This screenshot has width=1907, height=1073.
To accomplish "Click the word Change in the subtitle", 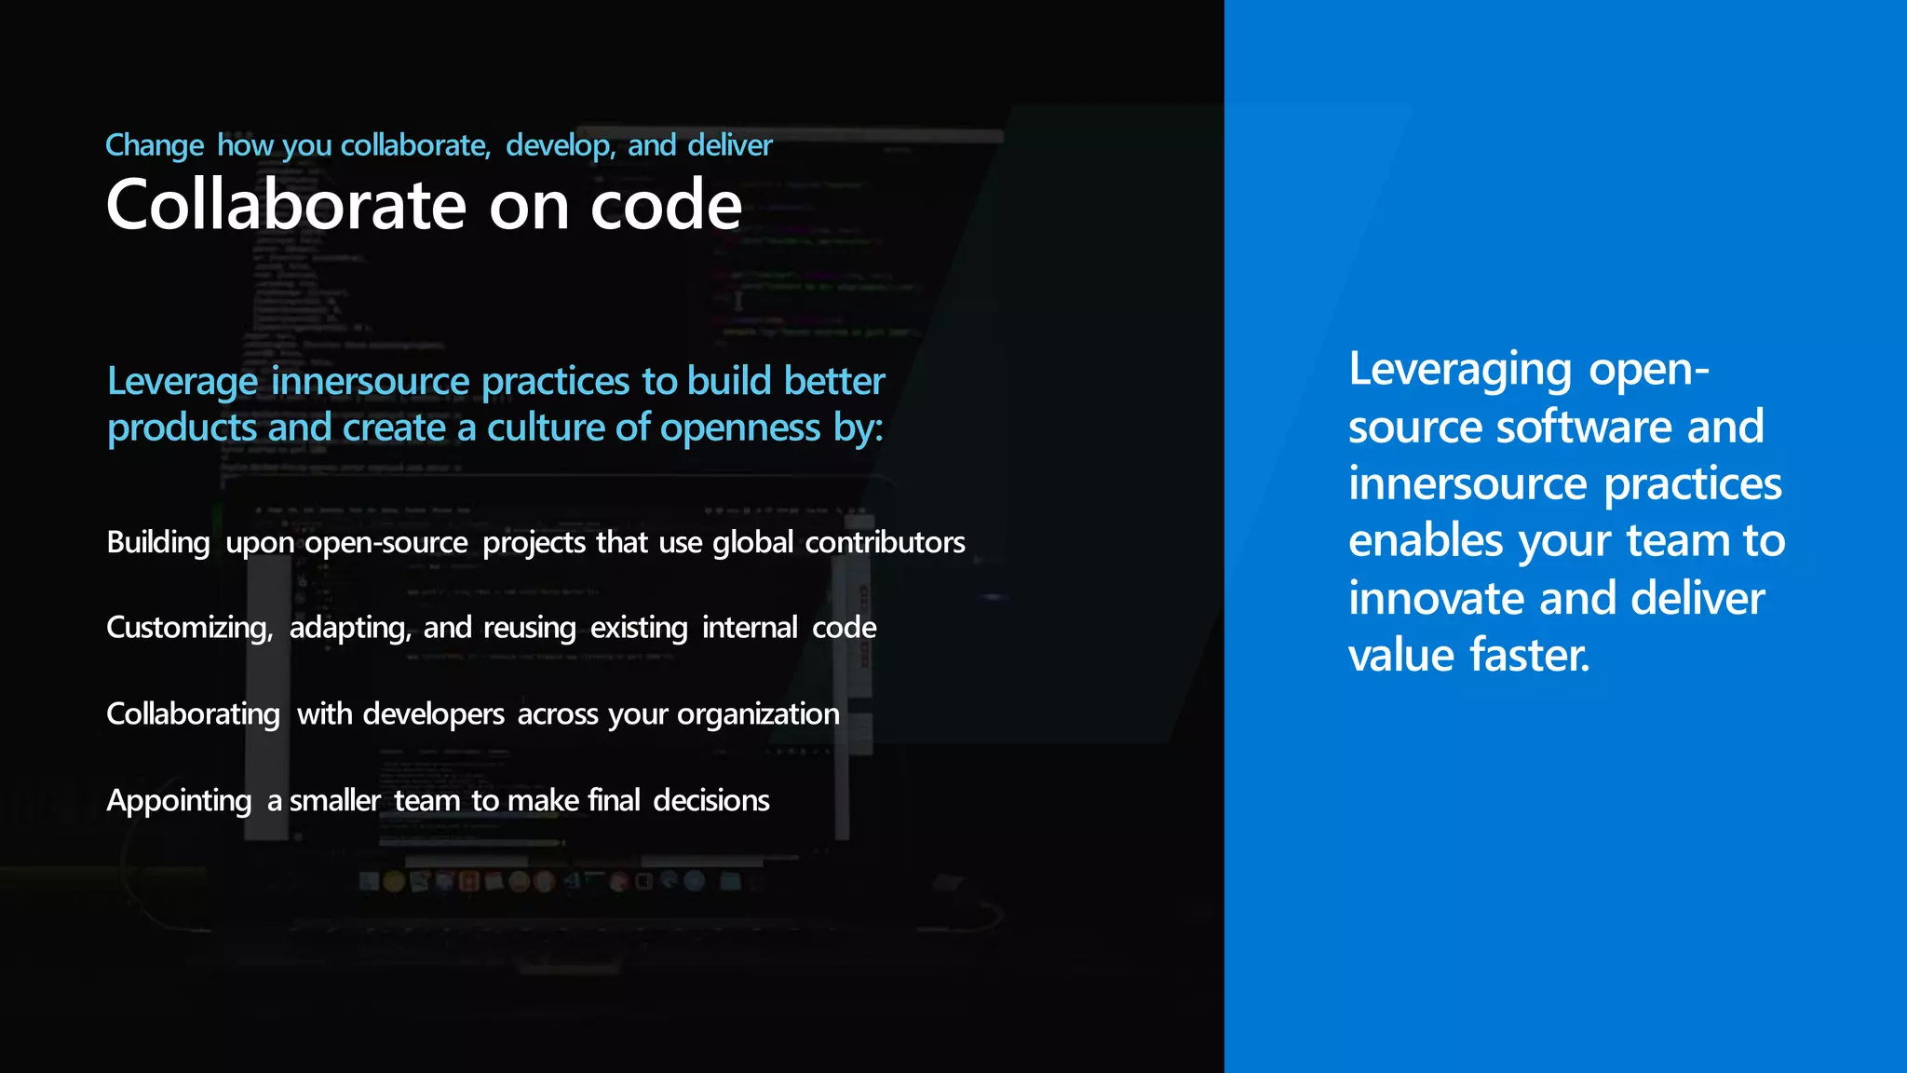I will point(155,145).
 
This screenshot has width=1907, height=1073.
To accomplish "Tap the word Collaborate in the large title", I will point(286,205).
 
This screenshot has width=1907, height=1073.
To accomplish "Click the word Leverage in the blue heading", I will point(183,382).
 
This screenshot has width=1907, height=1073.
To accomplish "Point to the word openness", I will point(740,428).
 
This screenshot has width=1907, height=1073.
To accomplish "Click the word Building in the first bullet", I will point(158,542).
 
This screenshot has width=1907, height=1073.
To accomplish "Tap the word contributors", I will point(885,542).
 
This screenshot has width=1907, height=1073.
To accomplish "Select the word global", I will point(752,542).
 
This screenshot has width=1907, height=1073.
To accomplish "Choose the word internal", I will point(750,628).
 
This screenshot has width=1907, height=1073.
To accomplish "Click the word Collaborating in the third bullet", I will point(193,713).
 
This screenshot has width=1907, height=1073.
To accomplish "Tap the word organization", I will point(758,713).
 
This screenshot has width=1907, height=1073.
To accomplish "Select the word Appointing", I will point(179,800).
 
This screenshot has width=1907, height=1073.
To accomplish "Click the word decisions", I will point(711,800).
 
